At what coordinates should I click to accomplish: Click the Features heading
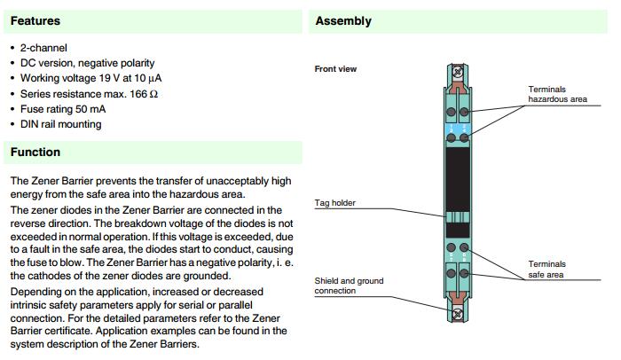point(35,21)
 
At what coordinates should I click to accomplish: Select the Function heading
point(35,153)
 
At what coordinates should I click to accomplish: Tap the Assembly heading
point(343,21)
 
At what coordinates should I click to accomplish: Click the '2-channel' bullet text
point(43,48)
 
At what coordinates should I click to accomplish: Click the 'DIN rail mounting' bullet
point(61,124)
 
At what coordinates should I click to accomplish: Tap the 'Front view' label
point(335,69)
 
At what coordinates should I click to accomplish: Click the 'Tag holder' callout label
point(335,203)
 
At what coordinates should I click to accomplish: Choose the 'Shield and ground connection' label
point(349,286)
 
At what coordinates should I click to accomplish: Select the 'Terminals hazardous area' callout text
point(557,94)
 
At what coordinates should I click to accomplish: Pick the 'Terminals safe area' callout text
point(547,270)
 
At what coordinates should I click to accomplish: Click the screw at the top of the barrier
point(458,72)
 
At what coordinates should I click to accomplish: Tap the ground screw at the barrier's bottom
point(458,315)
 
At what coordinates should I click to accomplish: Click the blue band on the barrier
point(458,129)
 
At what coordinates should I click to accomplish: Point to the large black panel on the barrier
point(458,180)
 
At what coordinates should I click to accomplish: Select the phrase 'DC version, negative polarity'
point(88,63)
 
